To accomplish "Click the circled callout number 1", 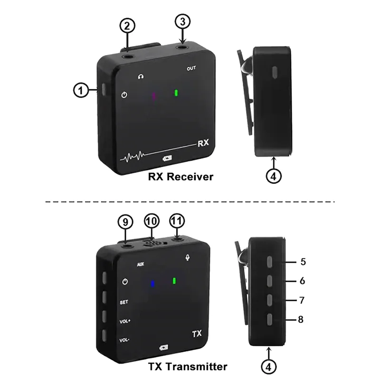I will (x=81, y=90).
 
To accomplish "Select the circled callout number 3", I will (x=183, y=21).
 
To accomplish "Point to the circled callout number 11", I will (x=177, y=221).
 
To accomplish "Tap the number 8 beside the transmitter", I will (x=301, y=320).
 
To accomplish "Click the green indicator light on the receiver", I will (x=176, y=93).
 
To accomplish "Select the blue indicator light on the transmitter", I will (x=152, y=284).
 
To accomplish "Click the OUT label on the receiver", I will (x=191, y=68).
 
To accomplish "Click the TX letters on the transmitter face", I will (x=197, y=334).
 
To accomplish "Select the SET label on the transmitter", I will (x=123, y=302).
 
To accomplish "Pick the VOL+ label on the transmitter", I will (x=124, y=321).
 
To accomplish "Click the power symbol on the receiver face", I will (x=124, y=95).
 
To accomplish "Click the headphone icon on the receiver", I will (x=140, y=76).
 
